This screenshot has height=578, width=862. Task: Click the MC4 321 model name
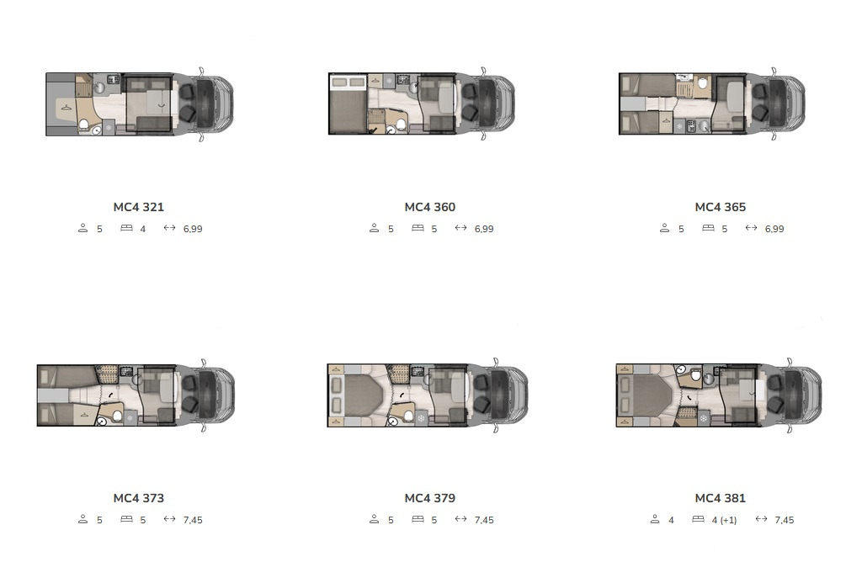tap(139, 207)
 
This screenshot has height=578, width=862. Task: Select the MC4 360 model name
tap(430, 207)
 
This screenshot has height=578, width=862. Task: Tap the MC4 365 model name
tap(721, 207)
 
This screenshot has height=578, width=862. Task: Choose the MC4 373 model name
tap(139, 498)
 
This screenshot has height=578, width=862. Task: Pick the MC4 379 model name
tap(430, 498)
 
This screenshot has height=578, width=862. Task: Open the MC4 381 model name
tap(721, 498)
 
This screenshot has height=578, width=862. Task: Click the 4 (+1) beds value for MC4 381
tap(724, 520)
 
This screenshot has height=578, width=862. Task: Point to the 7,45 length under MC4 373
tap(193, 520)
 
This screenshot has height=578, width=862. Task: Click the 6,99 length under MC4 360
tap(484, 229)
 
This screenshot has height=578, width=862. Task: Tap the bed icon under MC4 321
tap(126, 227)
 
